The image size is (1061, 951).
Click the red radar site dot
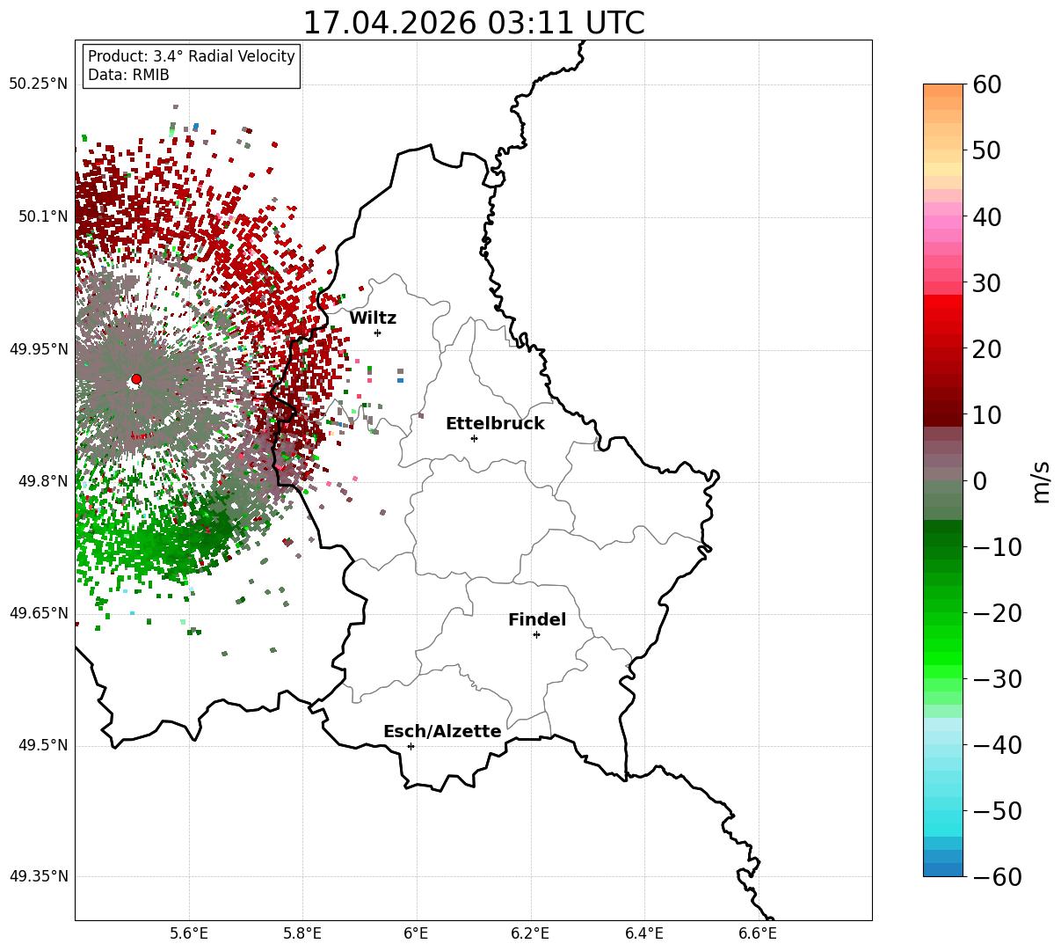[x=136, y=379]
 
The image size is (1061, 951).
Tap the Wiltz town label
[x=373, y=318]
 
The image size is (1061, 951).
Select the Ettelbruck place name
[x=495, y=423]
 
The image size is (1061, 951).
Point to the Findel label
[x=537, y=619]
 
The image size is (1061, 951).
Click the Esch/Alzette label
[x=442, y=731]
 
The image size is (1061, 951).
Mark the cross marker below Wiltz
[x=377, y=333]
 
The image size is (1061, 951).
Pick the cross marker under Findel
[x=536, y=635]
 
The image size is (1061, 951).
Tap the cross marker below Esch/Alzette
[x=411, y=746]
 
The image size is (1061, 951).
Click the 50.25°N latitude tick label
[x=39, y=84]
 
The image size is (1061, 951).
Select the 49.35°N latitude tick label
[x=39, y=876]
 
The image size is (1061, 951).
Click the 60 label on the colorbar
[x=986, y=84]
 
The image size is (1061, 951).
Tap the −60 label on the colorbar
[x=997, y=876]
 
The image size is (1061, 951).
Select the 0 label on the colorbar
[x=980, y=480]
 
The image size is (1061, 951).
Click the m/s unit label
[x=1042, y=482]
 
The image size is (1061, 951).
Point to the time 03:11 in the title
[x=531, y=23]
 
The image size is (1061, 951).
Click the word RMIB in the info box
[x=150, y=75]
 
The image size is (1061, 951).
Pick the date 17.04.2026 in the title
[x=390, y=23]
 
